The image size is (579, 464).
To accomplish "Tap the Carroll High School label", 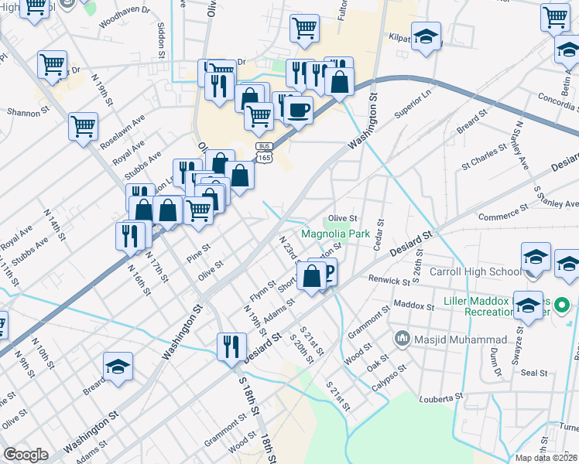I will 485,271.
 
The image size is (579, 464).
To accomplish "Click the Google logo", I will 26,455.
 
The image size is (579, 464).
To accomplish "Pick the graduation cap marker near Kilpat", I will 425,36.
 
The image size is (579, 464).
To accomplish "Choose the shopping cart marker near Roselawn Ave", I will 83,125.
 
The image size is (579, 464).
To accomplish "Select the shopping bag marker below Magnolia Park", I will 311,276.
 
